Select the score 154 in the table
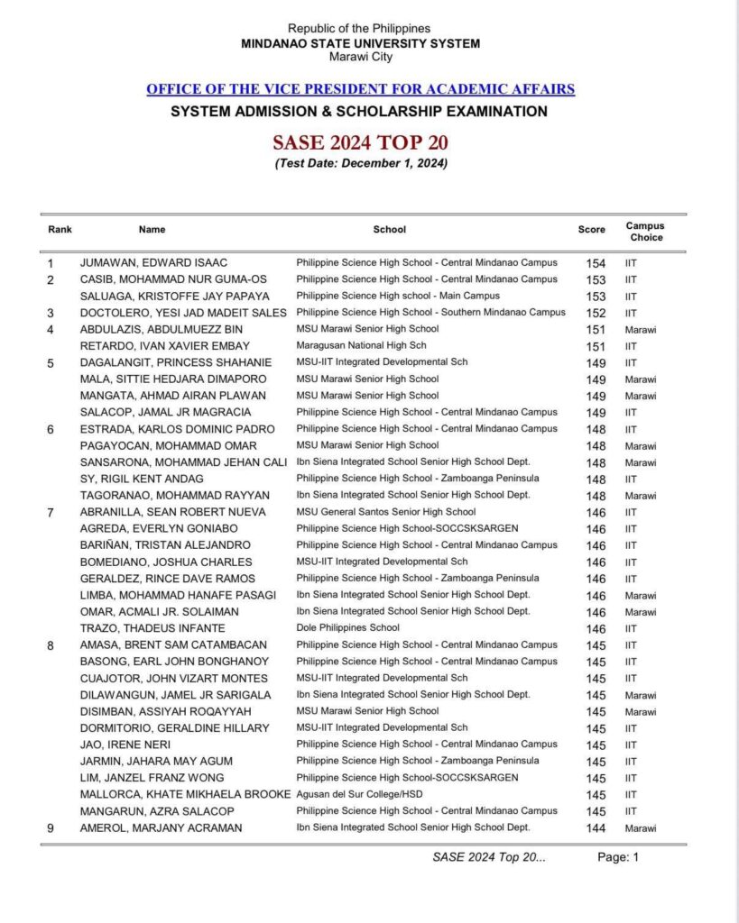click(x=595, y=262)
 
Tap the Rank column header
click(x=60, y=230)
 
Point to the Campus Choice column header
click(x=644, y=232)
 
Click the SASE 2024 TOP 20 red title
click(x=360, y=142)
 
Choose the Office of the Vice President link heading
click(x=360, y=89)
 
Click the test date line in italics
click(x=360, y=163)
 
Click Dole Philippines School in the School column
click(x=349, y=628)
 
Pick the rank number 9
click(x=51, y=828)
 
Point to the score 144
click(x=595, y=828)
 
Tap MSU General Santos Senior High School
click(x=386, y=512)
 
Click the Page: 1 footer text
click(x=618, y=858)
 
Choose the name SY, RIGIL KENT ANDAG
click(x=142, y=479)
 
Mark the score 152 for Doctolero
click(x=595, y=313)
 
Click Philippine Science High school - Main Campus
click(x=398, y=296)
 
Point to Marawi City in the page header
click(x=360, y=57)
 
